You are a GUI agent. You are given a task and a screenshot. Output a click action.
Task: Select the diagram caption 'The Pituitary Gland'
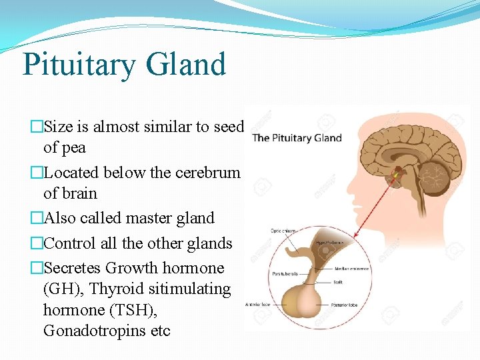[x=297, y=139]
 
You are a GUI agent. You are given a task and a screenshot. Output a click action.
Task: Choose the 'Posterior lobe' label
[x=347, y=305]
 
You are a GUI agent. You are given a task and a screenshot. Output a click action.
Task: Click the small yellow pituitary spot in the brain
[x=395, y=175]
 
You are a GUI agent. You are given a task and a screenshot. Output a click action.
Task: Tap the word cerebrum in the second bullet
[x=207, y=173]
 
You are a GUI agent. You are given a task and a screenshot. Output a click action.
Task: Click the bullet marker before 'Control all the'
[x=36, y=243]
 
